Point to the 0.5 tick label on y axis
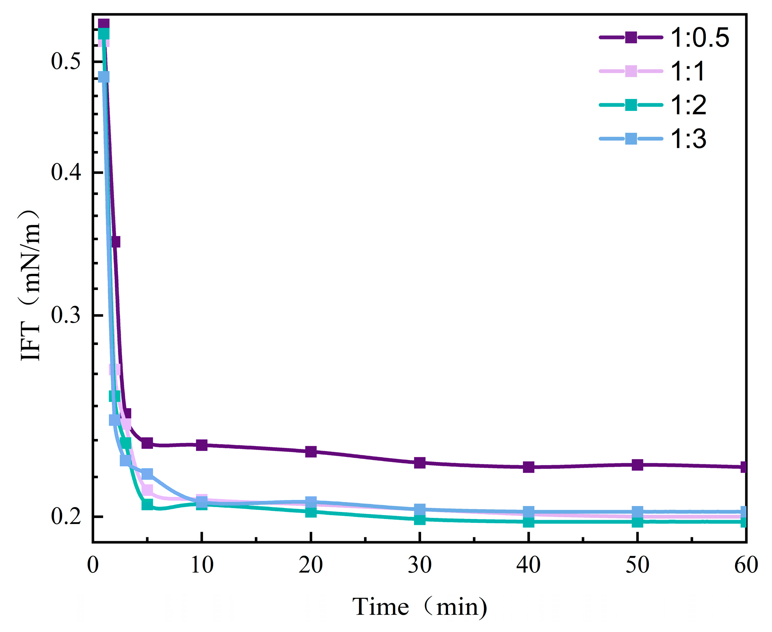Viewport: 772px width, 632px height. (x=65, y=61)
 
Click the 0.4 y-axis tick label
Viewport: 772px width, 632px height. (x=65, y=172)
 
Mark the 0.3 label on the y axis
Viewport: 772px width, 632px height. (x=65, y=315)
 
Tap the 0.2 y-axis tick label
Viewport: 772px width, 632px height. (x=65, y=516)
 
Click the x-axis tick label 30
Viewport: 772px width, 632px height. (x=419, y=565)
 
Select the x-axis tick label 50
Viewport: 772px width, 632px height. (x=637, y=565)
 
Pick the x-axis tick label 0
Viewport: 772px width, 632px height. (x=93, y=565)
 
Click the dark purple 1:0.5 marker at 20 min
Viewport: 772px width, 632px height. (x=310, y=452)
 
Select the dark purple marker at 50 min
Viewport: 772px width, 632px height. (x=637, y=465)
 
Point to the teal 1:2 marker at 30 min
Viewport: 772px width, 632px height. (x=420, y=519)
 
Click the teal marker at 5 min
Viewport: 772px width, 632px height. (x=147, y=504)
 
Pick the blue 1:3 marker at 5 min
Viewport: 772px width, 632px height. (x=147, y=474)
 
